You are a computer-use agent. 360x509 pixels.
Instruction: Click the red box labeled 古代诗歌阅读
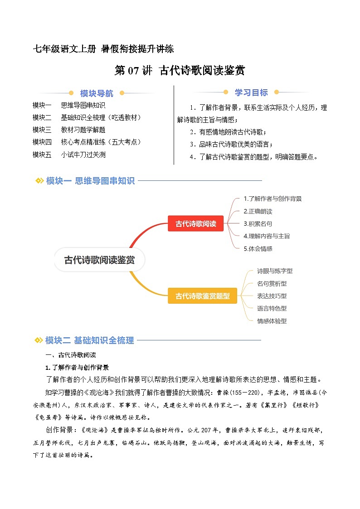click(195, 223)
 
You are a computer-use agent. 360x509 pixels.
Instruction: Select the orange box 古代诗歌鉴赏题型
click(202, 296)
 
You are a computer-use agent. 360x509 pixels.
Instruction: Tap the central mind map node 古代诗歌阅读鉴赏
click(99, 260)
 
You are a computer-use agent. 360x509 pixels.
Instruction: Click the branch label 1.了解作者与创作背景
click(272, 199)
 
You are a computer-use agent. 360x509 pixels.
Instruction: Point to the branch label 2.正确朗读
click(258, 211)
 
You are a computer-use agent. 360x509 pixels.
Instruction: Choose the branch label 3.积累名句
click(258, 223)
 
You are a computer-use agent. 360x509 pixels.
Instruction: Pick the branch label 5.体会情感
click(258, 248)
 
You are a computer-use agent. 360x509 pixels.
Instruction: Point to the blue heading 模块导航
click(97, 93)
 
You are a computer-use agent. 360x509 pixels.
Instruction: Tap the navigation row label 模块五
click(42, 155)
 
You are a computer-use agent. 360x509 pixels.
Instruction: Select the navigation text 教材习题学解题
click(83, 130)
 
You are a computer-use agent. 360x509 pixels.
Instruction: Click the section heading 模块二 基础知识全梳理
click(89, 340)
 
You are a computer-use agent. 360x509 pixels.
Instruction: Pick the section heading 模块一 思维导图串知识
click(90, 181)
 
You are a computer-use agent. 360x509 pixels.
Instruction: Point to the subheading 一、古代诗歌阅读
click(70, 355)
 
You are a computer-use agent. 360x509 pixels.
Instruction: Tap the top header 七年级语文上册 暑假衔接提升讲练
click(103, 48)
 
